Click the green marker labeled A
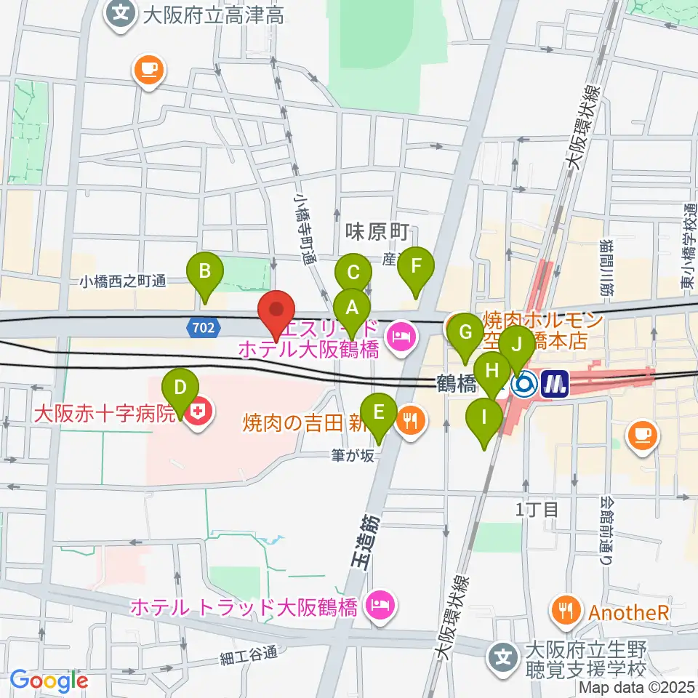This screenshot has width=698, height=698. coord(352,307)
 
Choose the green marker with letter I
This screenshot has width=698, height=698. coord(484,417)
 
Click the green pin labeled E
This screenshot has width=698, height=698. coord(378,412)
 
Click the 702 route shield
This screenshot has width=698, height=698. coord(204,329)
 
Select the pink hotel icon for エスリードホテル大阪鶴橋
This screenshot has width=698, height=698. coord(400,335)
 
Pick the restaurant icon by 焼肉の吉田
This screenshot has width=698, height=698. coord(412,420)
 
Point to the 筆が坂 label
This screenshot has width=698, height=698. coord(351,456)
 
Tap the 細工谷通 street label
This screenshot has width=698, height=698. coord(249,654)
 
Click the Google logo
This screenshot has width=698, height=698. coord(49,680)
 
